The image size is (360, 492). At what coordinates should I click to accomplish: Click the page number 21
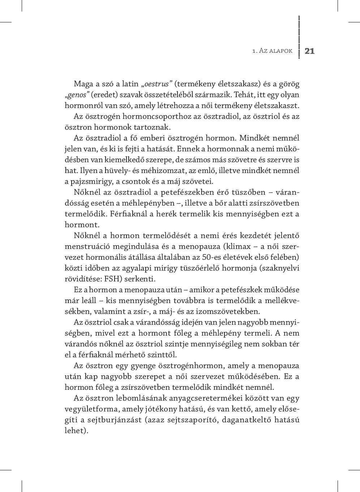pyautogui.click(x=310, y=51)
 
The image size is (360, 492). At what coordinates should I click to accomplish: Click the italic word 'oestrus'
pyautogui.click(x=157, y=84)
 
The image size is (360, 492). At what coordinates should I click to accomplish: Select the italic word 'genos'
pyautogui.click(x=77, y=95)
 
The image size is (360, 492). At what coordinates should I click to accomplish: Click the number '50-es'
pyautogui.click(x=214, y=257)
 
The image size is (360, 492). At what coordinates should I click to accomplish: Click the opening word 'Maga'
pyautogui.click(x=83, y=84)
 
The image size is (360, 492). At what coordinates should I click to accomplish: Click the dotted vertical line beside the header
pyautogui.click(x=299, y=36)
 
